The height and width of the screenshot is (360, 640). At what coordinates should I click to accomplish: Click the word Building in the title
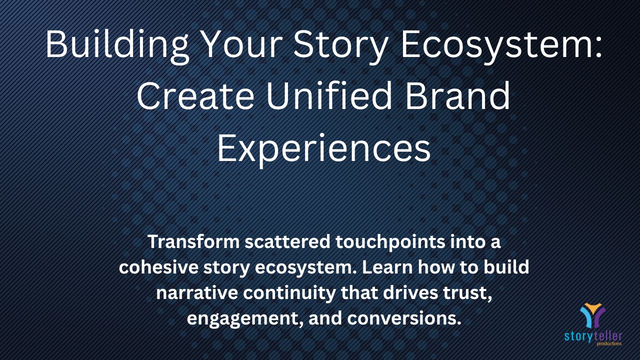(x=117, y=46)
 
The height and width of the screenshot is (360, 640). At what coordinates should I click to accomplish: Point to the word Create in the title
(x=195, y=95)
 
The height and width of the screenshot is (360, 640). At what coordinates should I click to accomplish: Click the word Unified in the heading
(x=329, y=95)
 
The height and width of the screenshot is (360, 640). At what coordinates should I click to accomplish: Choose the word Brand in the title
(x=457, y=95)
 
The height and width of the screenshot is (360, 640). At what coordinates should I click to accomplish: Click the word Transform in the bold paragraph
(x=193, y=241)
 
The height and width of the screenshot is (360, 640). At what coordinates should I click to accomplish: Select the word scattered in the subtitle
(x=287, y=241)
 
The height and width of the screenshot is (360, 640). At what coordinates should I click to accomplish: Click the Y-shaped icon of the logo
(x=592, y=315)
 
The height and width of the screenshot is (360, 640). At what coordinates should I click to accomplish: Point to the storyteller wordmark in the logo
(x=593, y=336)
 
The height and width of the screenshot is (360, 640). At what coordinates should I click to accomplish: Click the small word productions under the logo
(x=609, y=343)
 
